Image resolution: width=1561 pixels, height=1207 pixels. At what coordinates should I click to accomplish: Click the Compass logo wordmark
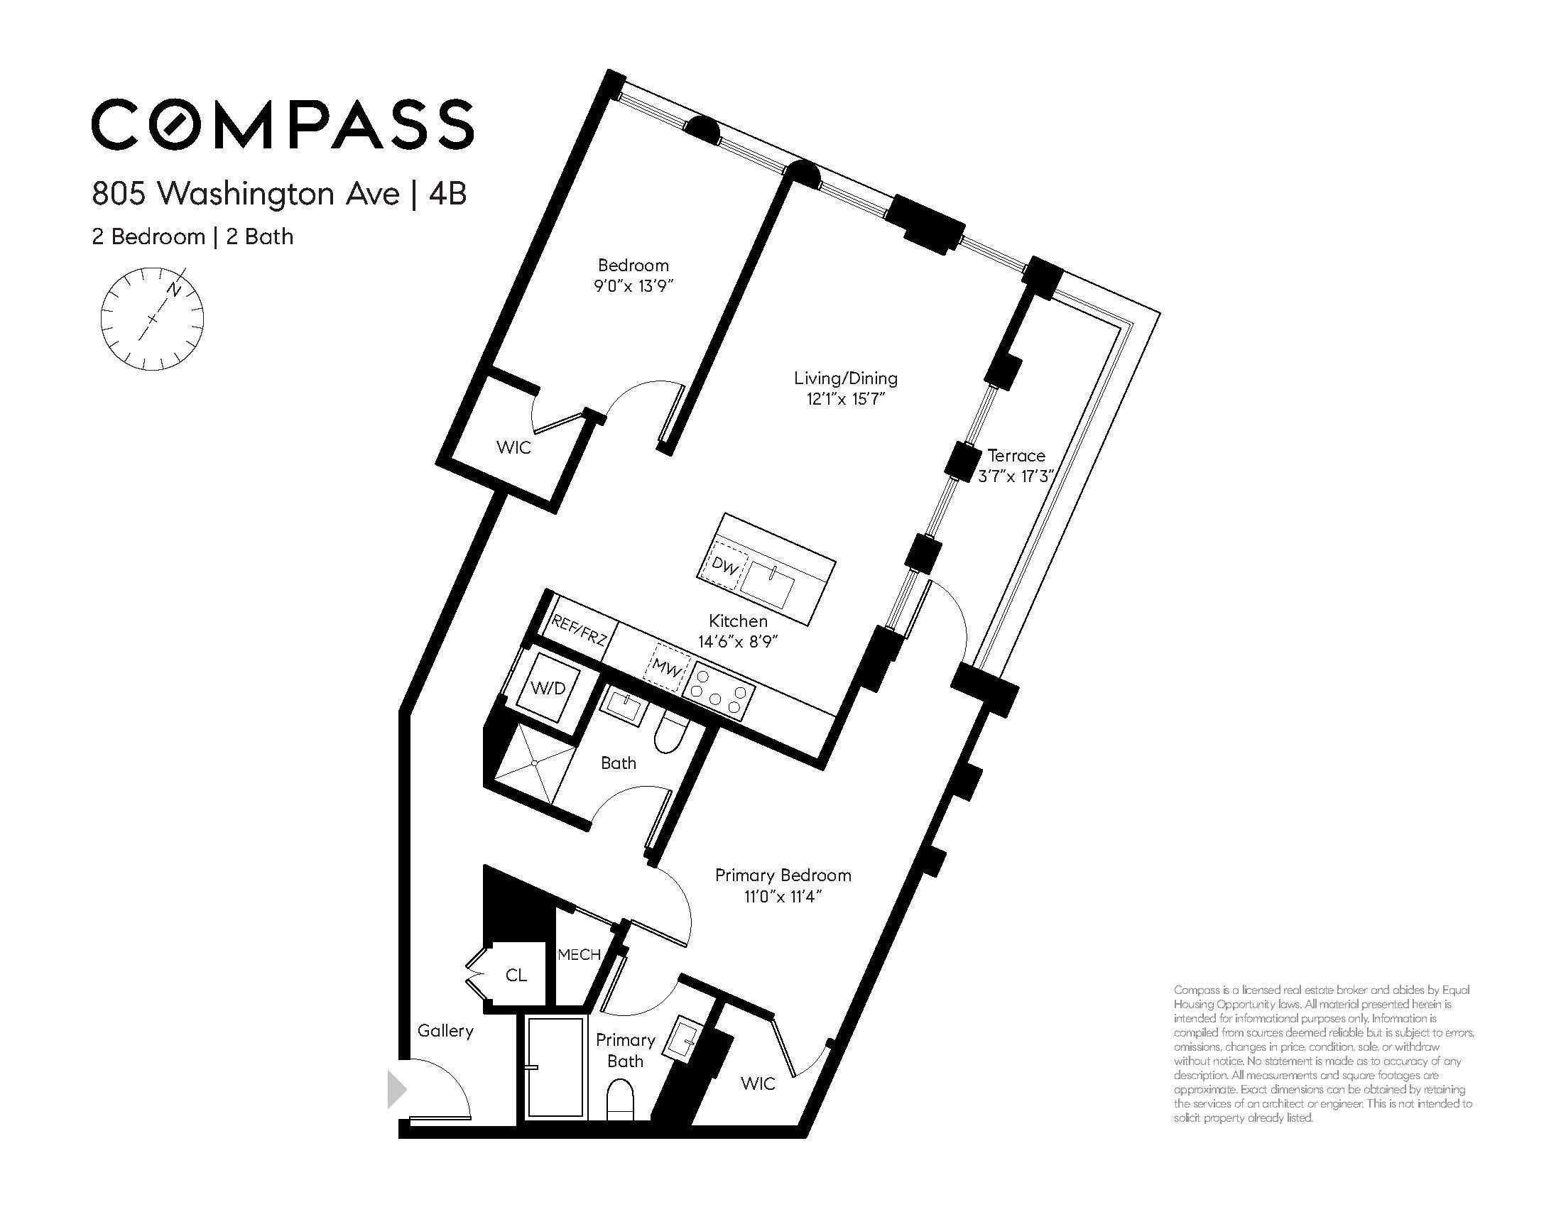(x=283, y=124)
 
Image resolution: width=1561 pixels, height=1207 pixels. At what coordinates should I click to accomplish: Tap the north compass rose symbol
(x=152, y=319)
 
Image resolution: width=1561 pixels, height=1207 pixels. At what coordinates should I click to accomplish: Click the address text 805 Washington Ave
(x=245, y=194)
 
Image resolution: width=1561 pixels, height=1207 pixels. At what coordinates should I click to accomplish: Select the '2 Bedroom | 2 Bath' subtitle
(x=192, y=236)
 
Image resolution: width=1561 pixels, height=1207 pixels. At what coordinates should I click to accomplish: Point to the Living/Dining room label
(x=846, y=378)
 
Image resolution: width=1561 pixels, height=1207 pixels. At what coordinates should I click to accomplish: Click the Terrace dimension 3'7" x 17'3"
(x=1017, y=476)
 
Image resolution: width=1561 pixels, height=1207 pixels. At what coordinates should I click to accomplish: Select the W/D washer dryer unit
(x=548, y=687)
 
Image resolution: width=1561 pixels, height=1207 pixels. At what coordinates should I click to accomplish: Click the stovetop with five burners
(x=718, y=693)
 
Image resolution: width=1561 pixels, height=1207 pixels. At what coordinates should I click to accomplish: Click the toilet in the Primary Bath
(x=620, y=1098)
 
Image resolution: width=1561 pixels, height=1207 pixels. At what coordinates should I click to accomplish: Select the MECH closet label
(x=579, y=955)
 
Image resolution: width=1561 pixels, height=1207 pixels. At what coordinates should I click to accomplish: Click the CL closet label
(x=516, y=975)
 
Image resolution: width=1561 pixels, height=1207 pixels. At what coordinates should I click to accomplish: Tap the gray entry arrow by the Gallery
(x=397, y=1090)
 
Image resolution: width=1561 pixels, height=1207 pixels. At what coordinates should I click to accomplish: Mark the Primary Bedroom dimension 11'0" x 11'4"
(x=783, y=896)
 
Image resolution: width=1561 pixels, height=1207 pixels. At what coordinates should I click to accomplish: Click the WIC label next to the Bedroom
(x=514, y=447)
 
